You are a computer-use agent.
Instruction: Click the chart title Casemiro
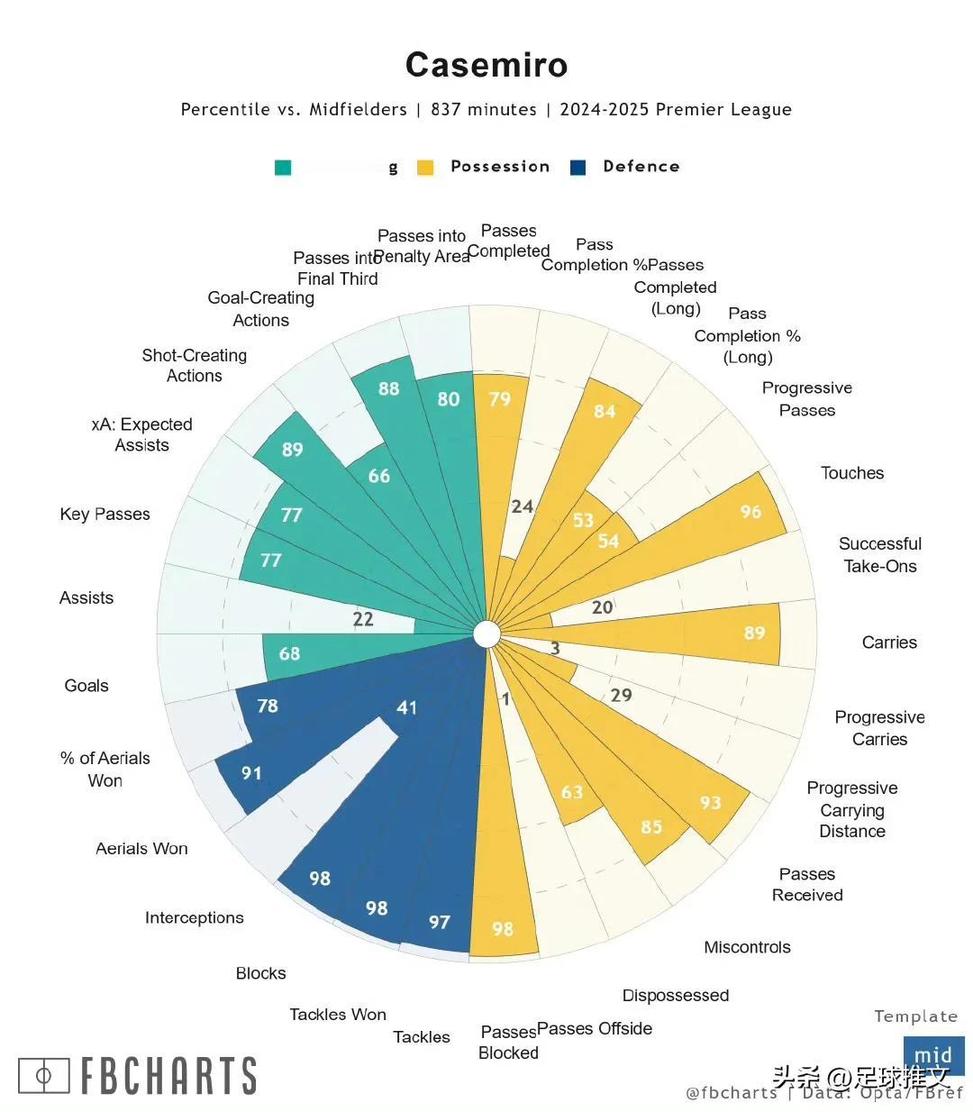[x=486, y=65]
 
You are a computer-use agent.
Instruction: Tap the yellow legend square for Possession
[x=425, y=168]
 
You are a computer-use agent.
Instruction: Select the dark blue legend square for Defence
[x=578, y=168]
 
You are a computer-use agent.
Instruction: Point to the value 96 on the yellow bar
[x=750, y=512]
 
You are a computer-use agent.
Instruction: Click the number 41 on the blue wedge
[x=407, y=707]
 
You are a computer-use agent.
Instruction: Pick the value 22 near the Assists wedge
[x=363, y=619]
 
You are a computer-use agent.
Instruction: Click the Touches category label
[x=852, y=473]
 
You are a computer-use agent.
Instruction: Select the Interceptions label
[x=195, y=917]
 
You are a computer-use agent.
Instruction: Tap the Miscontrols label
[x=747, y=947]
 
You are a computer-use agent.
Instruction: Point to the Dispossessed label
[x=676, y=995]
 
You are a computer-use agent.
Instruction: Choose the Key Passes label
[x=105, y=515]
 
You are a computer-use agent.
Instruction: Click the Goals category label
[x=86, y=686]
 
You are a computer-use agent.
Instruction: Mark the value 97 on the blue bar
[x=439, y=922]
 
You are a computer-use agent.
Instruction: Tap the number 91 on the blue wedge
[x=251, y=773]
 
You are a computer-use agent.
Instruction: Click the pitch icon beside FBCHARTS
[x=43, y=1075]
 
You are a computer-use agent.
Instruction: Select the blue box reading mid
[x=933, y=1055]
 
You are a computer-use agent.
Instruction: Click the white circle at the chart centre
[x=486, y=634]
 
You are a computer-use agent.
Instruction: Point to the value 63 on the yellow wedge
[x=572, y=792]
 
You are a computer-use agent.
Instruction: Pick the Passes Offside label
[x=595, y=1028]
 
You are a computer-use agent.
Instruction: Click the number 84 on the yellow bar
[x=605, y=412]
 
